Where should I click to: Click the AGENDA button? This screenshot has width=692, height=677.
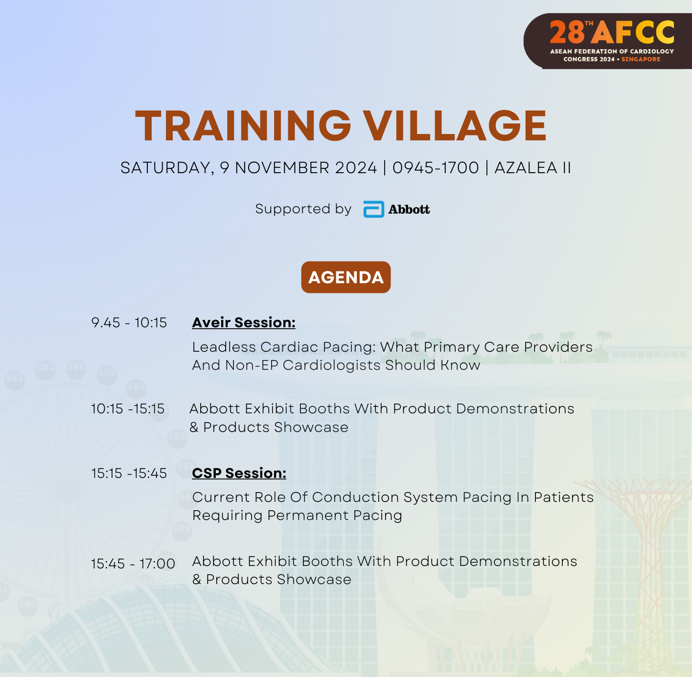346,277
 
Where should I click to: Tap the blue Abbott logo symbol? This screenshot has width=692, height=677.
373,209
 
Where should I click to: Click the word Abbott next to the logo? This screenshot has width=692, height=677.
409,209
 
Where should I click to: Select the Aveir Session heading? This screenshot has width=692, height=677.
244,322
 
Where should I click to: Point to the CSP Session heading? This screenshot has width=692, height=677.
239,473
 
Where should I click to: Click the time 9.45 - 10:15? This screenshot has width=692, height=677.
129,323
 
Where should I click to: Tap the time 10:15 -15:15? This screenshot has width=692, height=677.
127,409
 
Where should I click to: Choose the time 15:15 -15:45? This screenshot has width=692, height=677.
129,474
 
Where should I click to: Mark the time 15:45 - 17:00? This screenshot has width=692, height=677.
133,564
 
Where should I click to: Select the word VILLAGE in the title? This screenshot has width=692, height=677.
454,126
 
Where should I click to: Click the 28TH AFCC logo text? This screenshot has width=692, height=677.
612,32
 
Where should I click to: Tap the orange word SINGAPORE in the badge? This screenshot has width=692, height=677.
641,59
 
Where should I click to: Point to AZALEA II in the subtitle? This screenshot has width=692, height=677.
532,168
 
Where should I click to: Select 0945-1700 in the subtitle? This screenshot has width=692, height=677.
436,168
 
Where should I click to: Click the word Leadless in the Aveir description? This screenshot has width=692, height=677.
224,347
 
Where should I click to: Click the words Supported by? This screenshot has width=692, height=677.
303,209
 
